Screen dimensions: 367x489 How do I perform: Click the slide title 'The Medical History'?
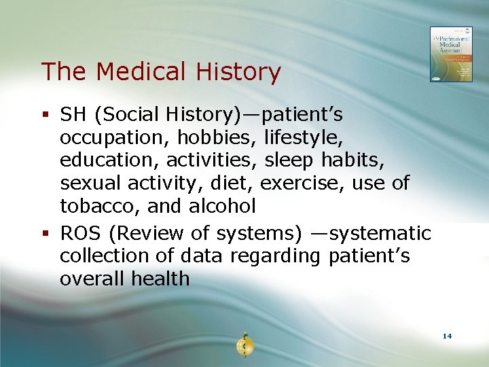tap(161, 72)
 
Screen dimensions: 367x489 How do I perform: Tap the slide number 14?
tap(447, 336)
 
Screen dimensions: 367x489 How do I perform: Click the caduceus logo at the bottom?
tap(244, 345)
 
